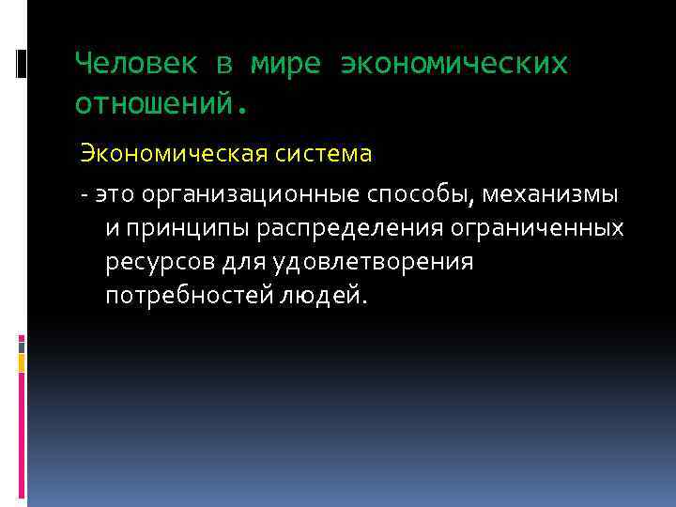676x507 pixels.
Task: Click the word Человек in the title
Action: (136, 63)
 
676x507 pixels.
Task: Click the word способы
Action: (422, 194)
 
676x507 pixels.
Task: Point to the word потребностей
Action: (187, 296)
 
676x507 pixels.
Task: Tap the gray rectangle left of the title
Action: (22, 63)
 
